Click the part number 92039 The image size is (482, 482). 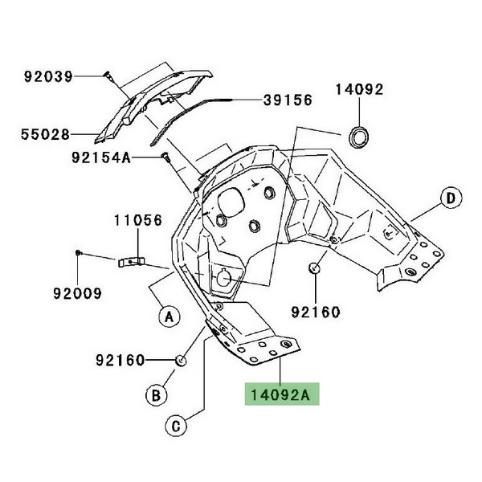coord(47,77)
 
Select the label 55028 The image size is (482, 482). coord(47,134)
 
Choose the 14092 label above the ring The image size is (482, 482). coord(359,90)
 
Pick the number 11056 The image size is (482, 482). coord(137,218)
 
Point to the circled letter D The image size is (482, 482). coord(451,198)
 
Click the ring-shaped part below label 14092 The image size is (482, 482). coord(357,135)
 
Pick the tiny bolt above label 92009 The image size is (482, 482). coord(78,253)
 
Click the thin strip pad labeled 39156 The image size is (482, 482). coord(193,112)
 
